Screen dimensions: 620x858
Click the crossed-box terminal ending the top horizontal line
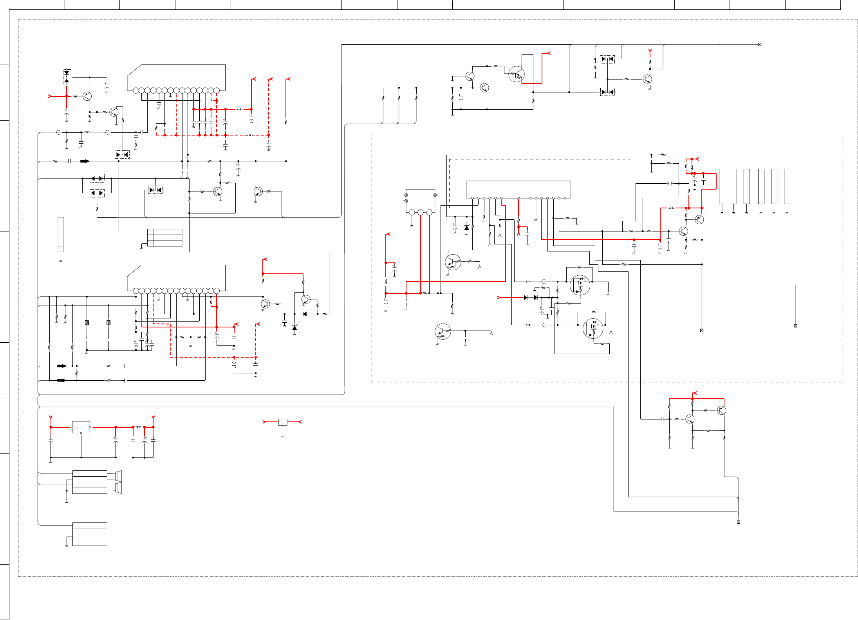(x=760, y=45)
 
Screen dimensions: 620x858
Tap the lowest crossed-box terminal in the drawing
(x=739, y=522)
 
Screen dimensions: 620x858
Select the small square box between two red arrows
(x=283, y=422)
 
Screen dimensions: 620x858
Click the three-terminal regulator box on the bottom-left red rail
(x=81, y=427)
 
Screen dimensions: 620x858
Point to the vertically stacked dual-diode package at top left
(x=67, y=76)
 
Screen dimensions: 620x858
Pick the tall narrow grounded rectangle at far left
(x=61, y=234)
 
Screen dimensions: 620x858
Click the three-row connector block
(x=165, y=238)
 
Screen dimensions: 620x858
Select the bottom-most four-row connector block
(x=90, y=534)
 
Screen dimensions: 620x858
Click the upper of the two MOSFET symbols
(x=580, y=285)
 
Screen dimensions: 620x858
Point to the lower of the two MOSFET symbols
(x=593, y=328)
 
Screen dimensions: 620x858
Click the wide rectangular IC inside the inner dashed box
(x=518, y=189)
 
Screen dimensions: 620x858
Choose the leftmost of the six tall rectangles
(x=722, y=186)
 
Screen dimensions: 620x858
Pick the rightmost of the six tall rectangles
(x=787, y=186)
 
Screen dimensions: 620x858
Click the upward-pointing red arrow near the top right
(x=650, y=51)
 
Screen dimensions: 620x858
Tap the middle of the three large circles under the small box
(x=421, y=212)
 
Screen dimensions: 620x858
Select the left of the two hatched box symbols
(x=87, y=323)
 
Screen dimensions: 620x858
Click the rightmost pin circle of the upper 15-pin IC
(x=217, y=90)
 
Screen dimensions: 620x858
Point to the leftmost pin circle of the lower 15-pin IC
(x=136, y=291)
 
